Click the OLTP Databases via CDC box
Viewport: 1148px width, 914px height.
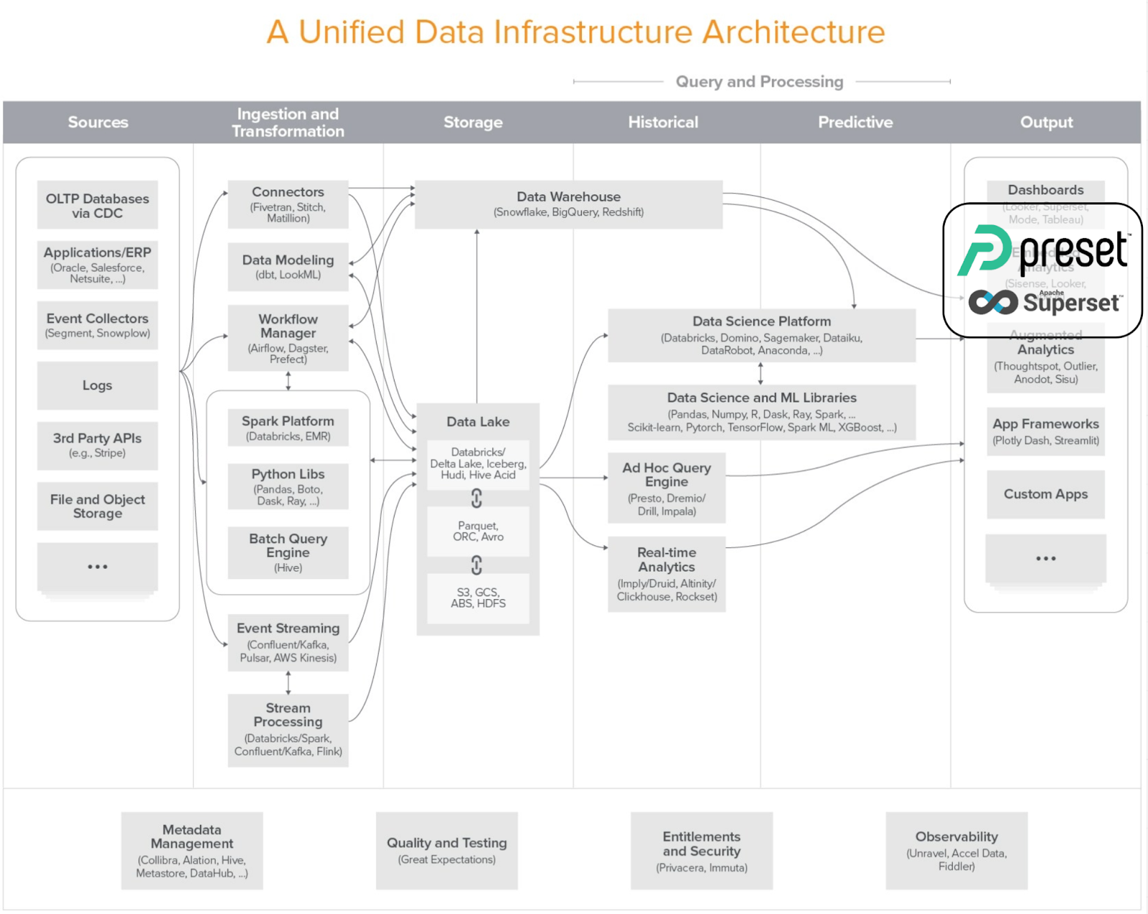[x=98, y=205]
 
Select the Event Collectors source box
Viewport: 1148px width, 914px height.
[x=98, y=325]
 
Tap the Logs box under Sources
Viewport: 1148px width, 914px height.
[x=98, y=385]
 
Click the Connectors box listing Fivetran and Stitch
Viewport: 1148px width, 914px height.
[x=288, y=204]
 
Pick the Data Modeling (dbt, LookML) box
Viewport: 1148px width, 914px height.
[x=288, y=266]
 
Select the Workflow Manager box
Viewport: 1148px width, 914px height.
[x=288, y=337]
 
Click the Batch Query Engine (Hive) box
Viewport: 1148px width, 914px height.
[x=288, y=552]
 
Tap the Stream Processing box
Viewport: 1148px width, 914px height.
[x=288, y=729]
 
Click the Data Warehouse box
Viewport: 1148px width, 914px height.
[x=568, y=204]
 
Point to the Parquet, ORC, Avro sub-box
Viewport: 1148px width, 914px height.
[x=478, y=531]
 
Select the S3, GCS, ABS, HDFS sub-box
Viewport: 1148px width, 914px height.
[x=478, y=598]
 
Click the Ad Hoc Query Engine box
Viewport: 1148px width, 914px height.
[x=667, y=488]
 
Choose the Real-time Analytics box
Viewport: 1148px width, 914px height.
[x=667, y=573]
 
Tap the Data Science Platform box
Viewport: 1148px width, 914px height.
[x=761, y=335]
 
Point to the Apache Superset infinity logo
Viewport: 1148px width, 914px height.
[x=993, y=302]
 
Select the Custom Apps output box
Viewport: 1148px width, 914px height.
[x=1045, y=494]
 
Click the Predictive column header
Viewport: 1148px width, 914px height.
[x=855, y=122]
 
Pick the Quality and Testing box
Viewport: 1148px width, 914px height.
[x=446, y=850]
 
